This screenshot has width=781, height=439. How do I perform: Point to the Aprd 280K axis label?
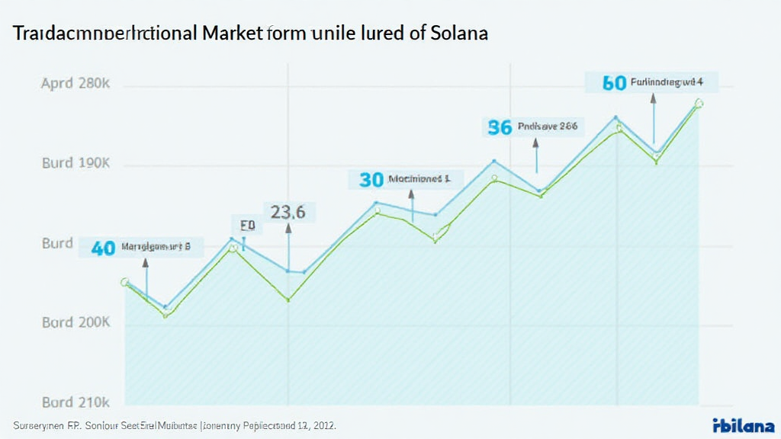(x=76, y=84)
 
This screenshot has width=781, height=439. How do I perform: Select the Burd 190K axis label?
(x=76, y=163)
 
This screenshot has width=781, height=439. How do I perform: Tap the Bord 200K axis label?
(x=76, y=322)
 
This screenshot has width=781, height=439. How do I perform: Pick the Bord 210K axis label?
(x=76, y=402)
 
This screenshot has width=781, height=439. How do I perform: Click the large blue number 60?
(x=614, y=83)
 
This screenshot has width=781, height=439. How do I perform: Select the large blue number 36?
(x=500, y=127)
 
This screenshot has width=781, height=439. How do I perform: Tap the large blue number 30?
(x=371, y=180)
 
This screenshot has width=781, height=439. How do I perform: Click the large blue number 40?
(x=103, y=248)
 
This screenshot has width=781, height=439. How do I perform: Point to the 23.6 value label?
(x=288, y=213)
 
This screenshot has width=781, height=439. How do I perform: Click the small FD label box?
(x=246, y=226)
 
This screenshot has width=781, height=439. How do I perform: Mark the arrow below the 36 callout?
(x=536, y=156)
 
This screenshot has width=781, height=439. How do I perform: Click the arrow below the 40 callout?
(x=146, y=280)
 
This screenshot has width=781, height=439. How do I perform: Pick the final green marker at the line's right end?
(x=699, y=103)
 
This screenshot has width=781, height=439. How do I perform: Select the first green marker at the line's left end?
(x=125, y=282)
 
